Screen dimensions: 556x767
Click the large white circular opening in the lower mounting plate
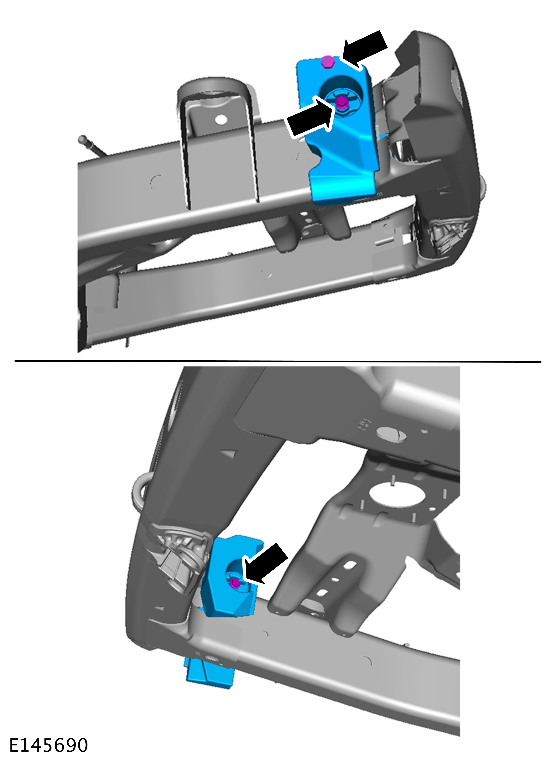click(x=397, y=495)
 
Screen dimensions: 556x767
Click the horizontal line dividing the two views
click(x=278, y=361)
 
